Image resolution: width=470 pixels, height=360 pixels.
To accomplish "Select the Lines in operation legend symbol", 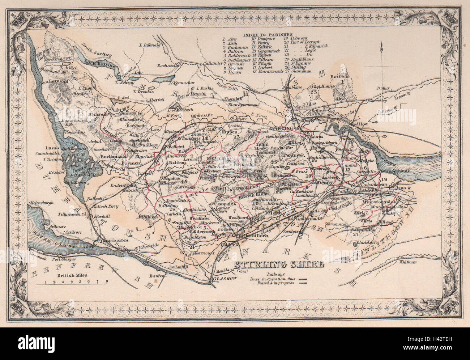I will click(303, 279).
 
